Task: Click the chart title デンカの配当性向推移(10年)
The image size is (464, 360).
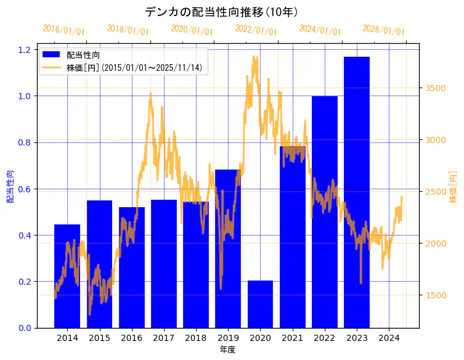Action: (222, 12)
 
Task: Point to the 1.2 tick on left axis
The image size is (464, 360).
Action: (26, 50)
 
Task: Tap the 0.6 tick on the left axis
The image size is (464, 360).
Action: (26, 189)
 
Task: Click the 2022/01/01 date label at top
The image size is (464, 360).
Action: (256, 30)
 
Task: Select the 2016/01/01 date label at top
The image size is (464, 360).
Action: (64, 30)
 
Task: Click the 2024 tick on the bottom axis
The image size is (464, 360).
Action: (389, 338)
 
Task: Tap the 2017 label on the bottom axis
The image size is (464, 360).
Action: (164, 338)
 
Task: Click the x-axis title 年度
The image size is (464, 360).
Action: (227, 350)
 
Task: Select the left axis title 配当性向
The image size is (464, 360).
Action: (10, 187)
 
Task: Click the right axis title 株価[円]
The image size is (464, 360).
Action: (454, 187)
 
